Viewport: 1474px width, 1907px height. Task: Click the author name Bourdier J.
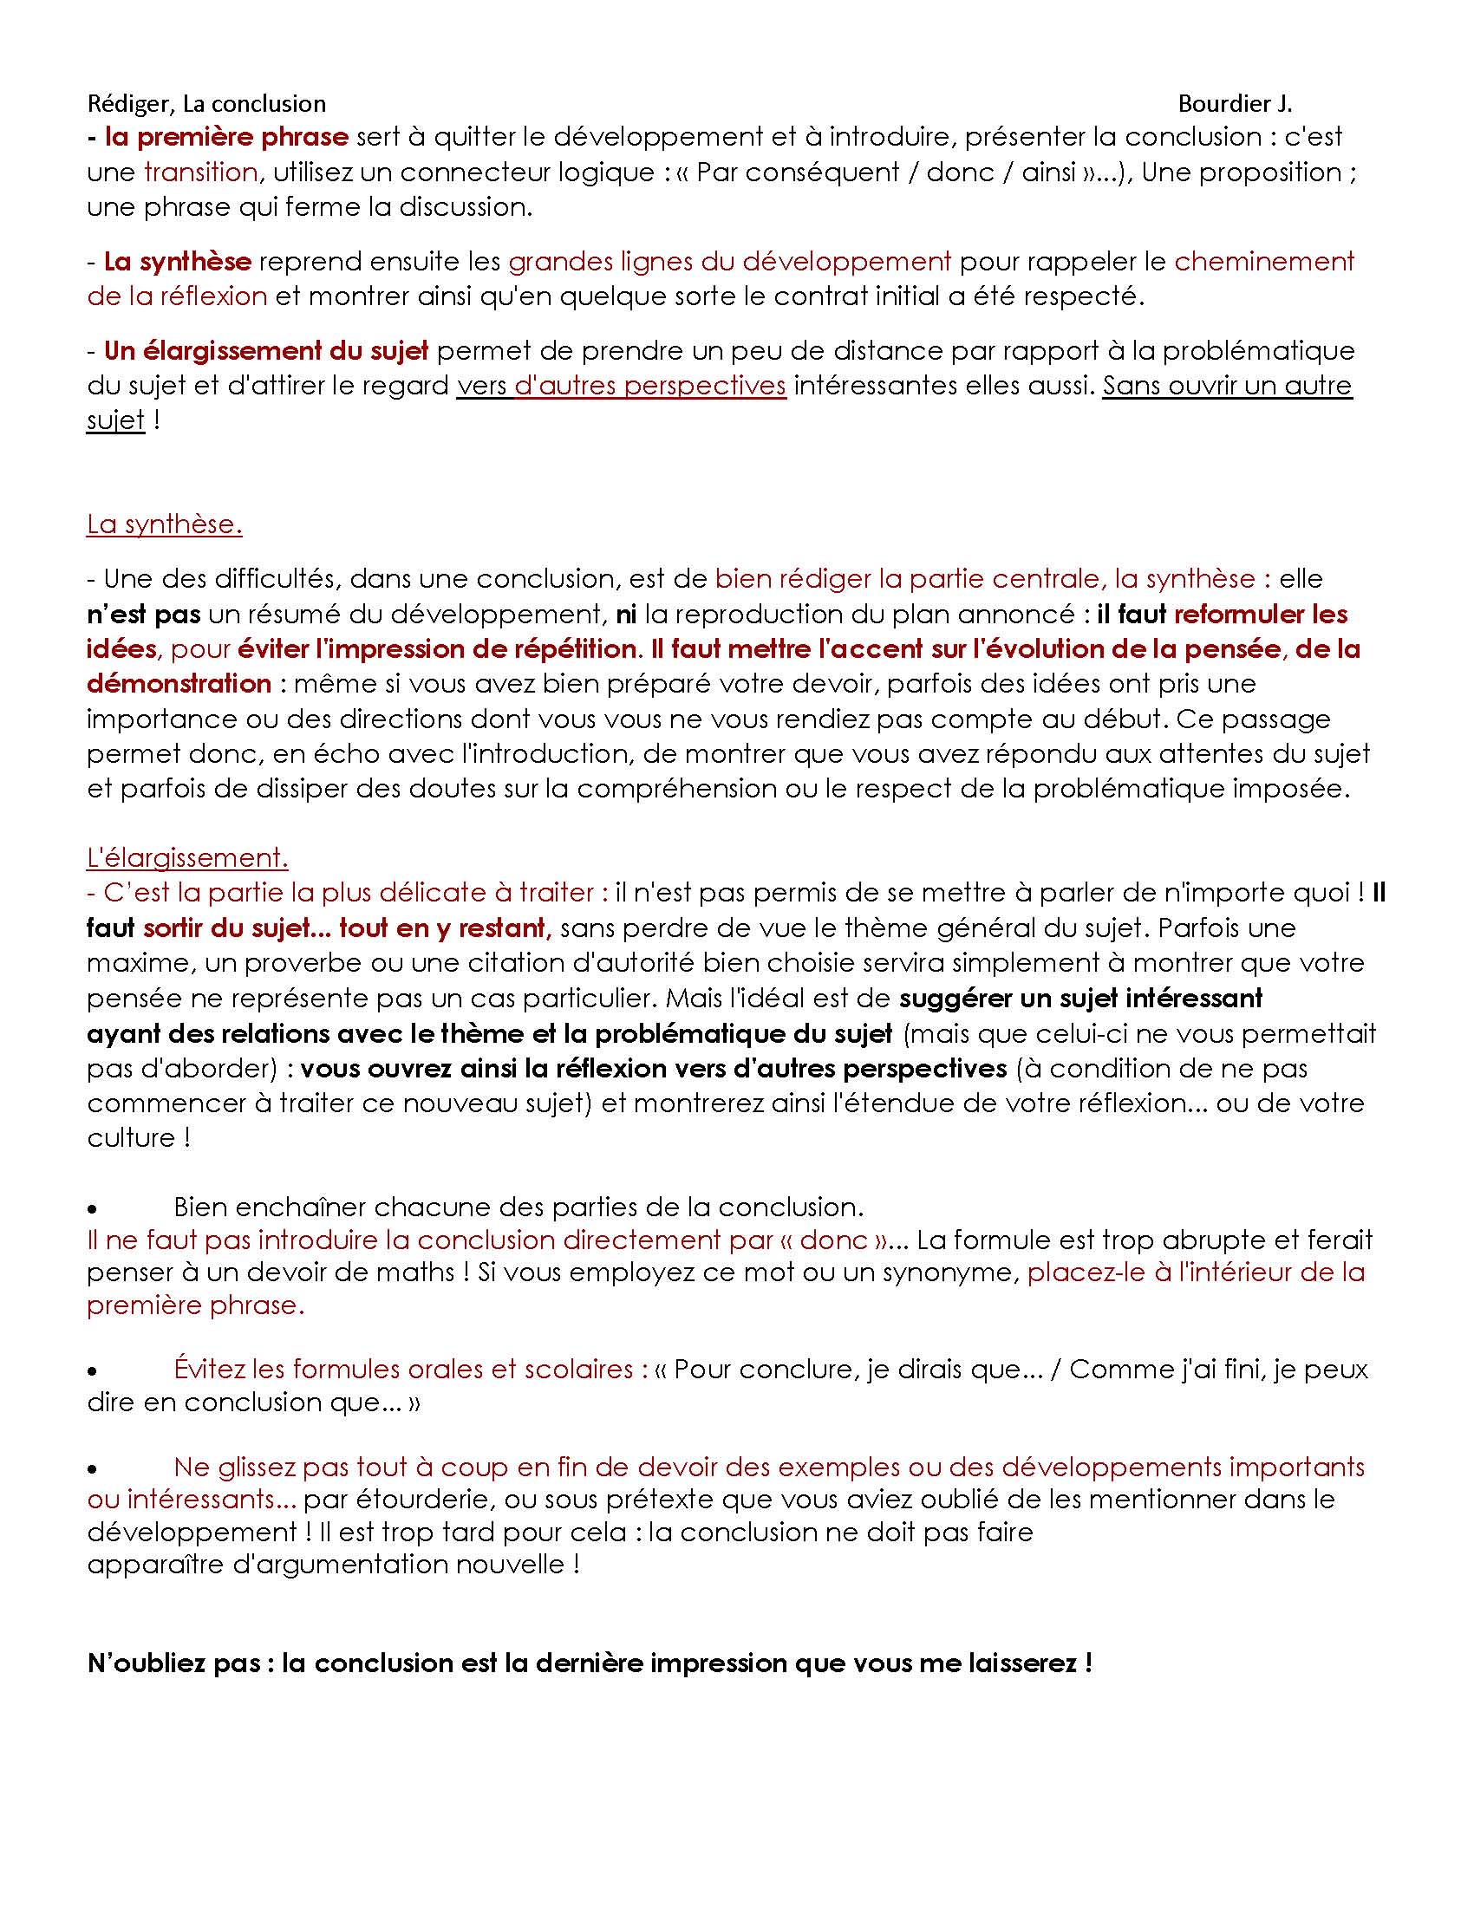coord(1234,104)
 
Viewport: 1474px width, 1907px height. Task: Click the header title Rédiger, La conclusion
coord(206,104)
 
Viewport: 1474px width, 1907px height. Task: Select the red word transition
coord(200,172)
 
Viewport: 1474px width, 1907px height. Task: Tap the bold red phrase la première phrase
coord(226,137)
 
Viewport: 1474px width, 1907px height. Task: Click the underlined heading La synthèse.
coord(164,524)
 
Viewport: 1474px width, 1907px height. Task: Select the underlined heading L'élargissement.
coord(187,857)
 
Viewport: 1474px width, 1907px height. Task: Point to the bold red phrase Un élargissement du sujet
coord(265,351)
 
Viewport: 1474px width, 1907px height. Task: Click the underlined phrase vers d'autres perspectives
coord(621,386)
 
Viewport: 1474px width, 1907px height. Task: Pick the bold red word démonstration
coord(179,684)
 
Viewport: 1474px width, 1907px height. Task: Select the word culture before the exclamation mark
coord(132,1138)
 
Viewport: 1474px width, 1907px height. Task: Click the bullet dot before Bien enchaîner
coord(92,1210)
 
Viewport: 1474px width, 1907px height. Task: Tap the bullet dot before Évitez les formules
coord(92,1372)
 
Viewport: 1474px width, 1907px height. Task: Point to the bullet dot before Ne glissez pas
coord(92,1469)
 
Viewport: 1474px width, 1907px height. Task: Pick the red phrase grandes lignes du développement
coord(729,261)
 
